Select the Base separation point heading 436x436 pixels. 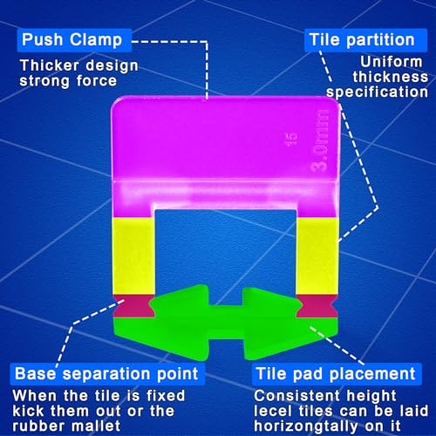[107, 374]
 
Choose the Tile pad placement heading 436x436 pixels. [337, 374]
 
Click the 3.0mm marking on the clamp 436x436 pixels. [320, 140]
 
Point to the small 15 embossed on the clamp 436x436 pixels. [291, 140]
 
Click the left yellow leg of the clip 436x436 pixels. [133, 255]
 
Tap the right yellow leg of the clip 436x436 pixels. [317, 255]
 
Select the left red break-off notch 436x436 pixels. [133, 306]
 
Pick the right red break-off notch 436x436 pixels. [317, 306]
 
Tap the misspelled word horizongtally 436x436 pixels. [306, 426]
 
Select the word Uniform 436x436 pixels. [392, 62]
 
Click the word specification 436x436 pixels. [377, 92]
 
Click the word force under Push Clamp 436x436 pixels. [97, 81]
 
